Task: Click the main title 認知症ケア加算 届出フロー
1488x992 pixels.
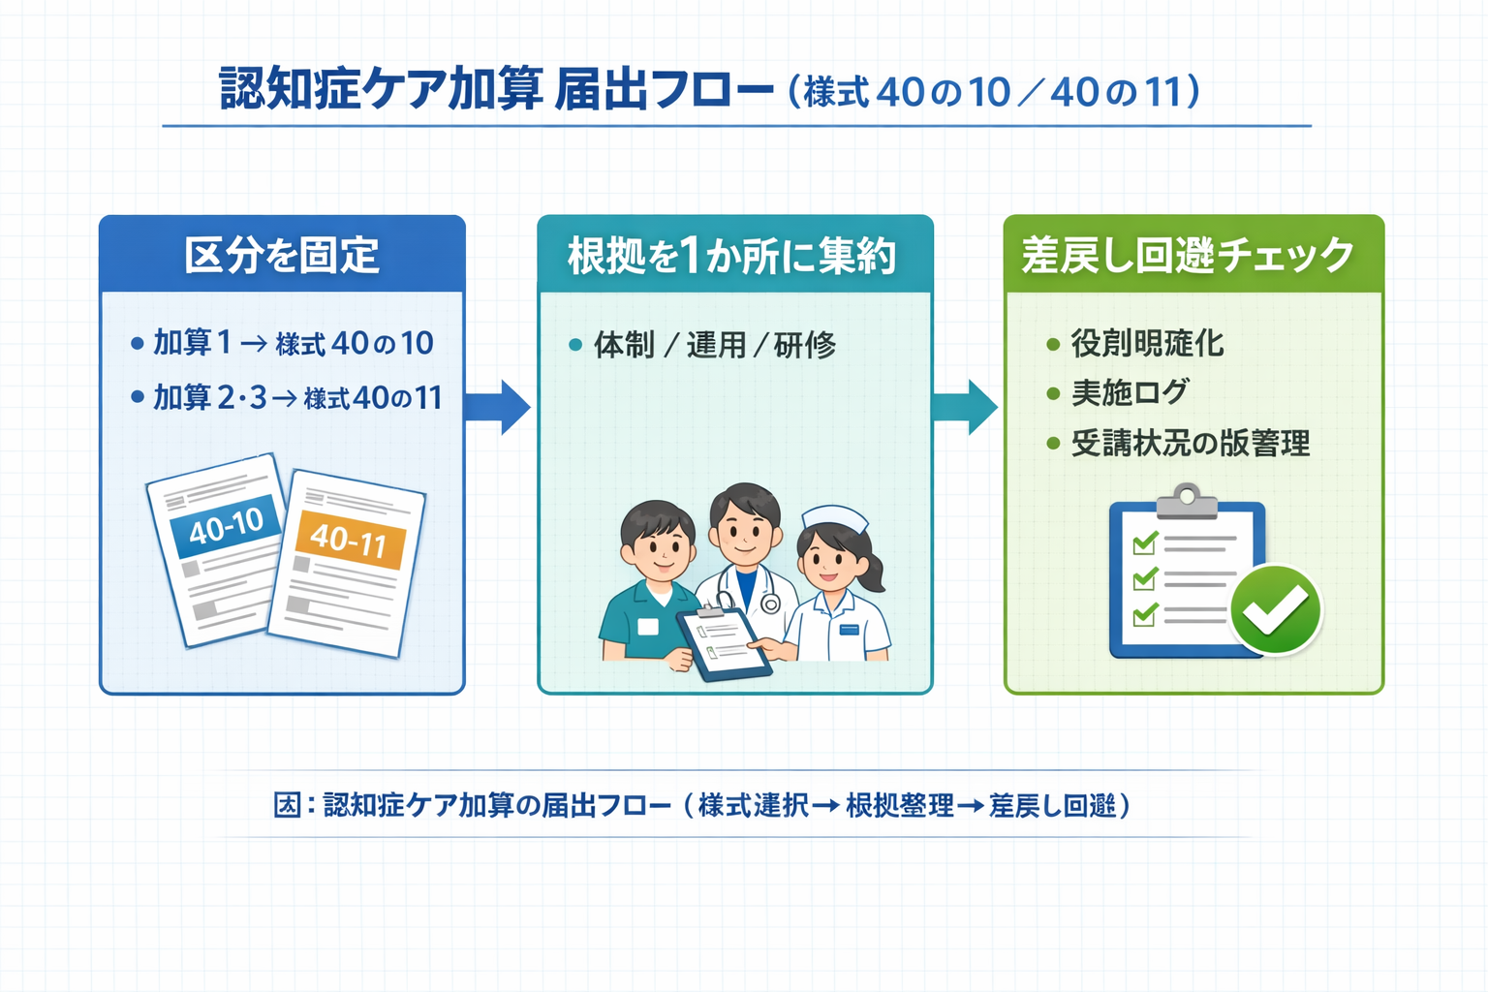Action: coord(496,90)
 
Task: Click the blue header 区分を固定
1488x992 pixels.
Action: coord(282,256)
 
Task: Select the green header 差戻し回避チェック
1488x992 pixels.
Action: coord(1188,256)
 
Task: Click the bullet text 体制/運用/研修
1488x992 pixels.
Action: coord(714,345)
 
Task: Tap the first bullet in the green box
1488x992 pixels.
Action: coord(1147,344)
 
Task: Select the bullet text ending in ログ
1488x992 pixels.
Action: coord(1130,393)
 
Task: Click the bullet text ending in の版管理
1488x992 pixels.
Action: coord(1190,444)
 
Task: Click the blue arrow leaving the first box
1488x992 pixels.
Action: coord(498,407)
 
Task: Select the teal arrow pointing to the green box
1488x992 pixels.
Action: coord(965,407)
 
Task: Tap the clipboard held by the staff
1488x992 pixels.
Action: coord(723,643)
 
